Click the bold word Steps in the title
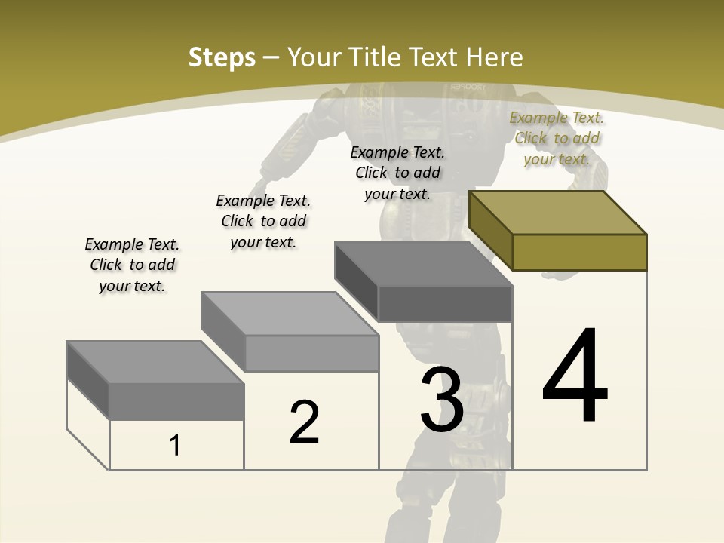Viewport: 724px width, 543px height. coord(222,57)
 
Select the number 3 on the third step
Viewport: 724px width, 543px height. coord(441,399)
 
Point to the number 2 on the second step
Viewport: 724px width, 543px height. coord(304,422)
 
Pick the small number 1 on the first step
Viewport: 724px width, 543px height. coord(175,445)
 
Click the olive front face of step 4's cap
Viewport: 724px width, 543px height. coord(579,252)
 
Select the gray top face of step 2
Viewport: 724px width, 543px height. coord(290,314)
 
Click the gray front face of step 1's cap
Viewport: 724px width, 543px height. coord(176,401)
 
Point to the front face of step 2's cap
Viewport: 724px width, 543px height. coord(311,353)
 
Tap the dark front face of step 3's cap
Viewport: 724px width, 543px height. coord(445,304)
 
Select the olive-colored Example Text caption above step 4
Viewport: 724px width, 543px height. coord(557,138)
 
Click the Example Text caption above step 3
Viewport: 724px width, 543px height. coord(397,173)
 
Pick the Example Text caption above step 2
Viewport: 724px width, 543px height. coord(263,221)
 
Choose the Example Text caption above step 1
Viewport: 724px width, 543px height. coord(132,265)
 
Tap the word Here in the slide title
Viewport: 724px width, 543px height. coord(495,57)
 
